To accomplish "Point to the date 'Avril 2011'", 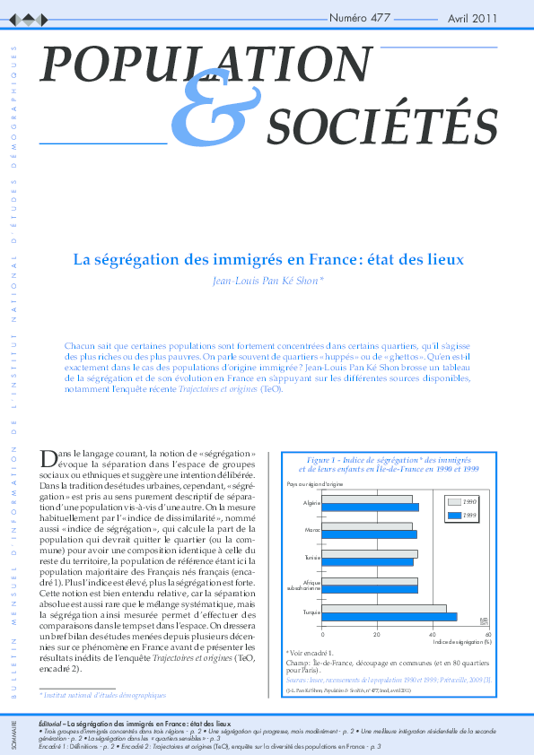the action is [472, 18].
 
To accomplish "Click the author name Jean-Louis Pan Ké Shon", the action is [267, 281].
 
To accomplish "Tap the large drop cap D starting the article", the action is [50, 458].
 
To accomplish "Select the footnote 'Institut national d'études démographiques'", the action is [103, 695].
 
